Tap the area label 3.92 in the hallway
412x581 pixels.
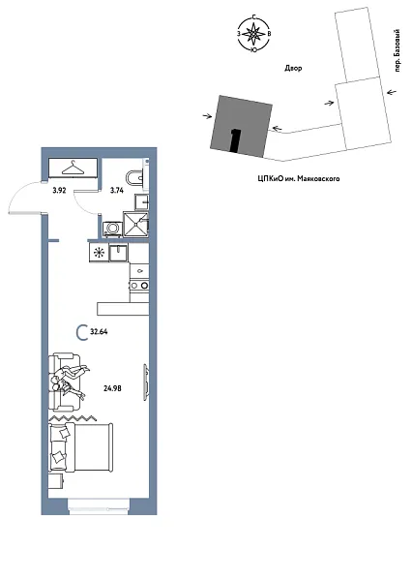(59, 191)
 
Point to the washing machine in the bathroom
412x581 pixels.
(112, 228)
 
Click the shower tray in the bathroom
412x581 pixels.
(138, 224)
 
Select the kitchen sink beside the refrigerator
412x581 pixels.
(119, 252)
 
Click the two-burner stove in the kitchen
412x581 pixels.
(139, 285)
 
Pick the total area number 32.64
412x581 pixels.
(99, 332)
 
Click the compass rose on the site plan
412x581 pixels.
(253, 36)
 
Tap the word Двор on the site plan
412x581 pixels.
(280, 70)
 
